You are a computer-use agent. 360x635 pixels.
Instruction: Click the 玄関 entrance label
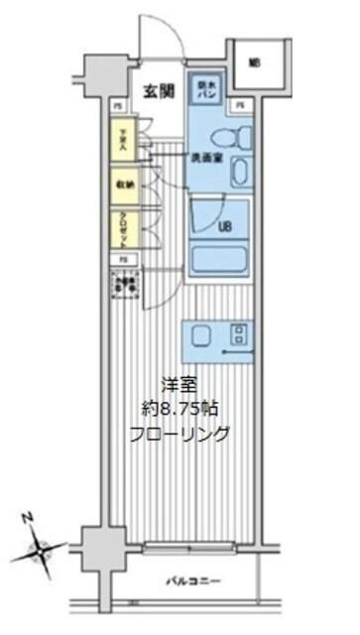click(x=158, y=91)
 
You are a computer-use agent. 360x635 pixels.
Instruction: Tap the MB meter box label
click(x=254, y=63)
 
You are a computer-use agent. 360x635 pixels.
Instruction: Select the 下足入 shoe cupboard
click(x=125, y=140)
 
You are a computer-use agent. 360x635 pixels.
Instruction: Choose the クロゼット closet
click(x=125, y=226)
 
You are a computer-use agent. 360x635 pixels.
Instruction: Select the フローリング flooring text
click(x=180, y=433)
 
